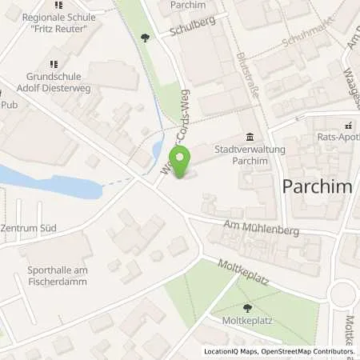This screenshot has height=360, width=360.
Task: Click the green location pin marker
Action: coord(180,162)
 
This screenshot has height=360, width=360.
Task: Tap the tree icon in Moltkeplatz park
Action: coord(246,308)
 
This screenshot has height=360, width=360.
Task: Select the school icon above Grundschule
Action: coord(54,65)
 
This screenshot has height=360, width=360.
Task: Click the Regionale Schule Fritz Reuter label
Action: coord(54,23)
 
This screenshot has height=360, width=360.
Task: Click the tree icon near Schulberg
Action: coord(144,36)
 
